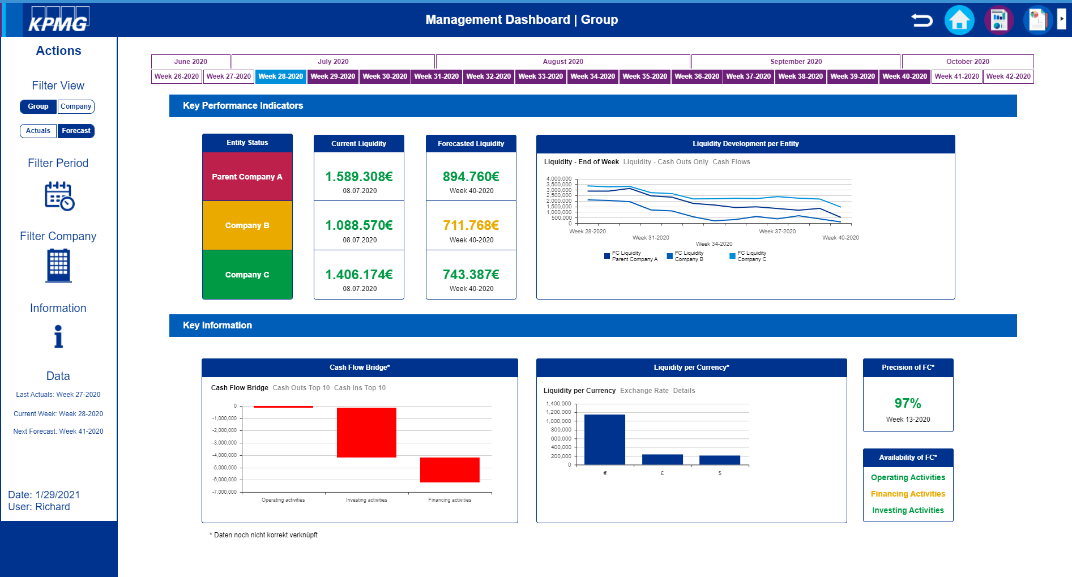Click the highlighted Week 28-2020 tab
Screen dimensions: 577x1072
281,76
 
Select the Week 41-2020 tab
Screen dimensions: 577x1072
956,76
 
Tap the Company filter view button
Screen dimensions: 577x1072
76,106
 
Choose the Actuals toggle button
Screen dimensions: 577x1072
38,131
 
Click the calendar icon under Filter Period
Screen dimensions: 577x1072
59,196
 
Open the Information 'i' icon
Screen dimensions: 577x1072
58,336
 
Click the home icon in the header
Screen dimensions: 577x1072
959,20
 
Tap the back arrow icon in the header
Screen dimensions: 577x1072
921,20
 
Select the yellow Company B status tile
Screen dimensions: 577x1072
247,225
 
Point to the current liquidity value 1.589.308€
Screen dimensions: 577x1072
359,177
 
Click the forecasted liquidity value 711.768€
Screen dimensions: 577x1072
471,225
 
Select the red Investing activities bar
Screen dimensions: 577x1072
366,432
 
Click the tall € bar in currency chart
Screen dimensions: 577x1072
604,439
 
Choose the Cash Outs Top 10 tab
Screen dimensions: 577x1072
301,388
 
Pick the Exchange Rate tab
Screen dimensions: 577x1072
644,391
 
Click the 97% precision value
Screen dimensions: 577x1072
908,403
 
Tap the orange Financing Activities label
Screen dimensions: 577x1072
908,494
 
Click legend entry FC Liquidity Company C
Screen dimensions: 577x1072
749,256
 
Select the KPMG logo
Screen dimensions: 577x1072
58,20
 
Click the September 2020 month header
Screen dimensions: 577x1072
796,62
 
